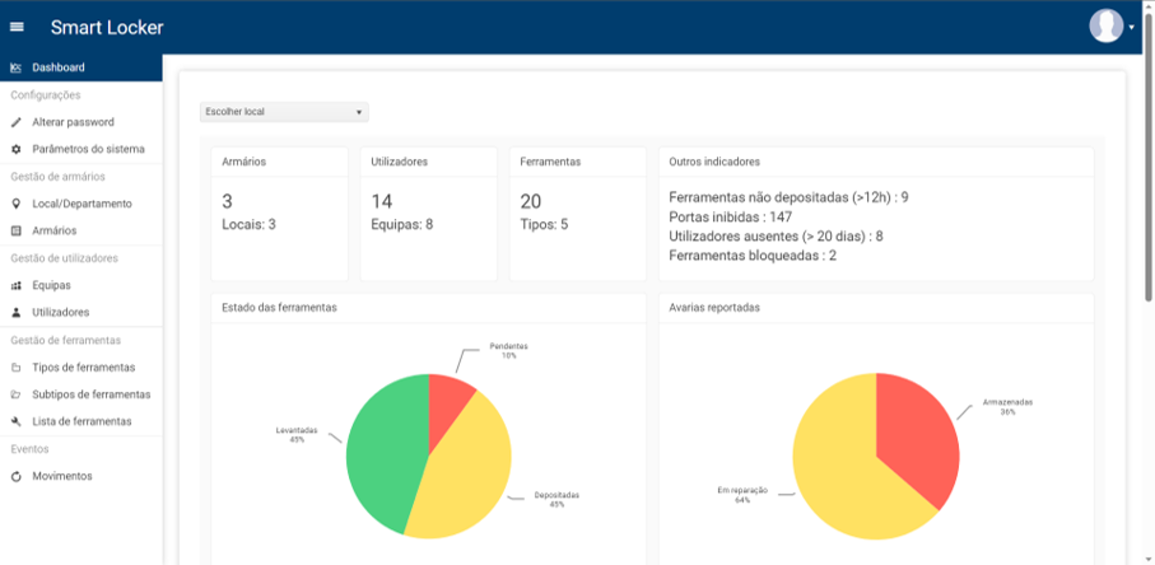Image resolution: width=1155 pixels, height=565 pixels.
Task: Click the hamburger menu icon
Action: [x=17, y=27]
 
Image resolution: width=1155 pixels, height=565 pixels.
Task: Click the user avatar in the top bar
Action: [x=1106, y=26]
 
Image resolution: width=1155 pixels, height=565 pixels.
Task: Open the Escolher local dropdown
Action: [x=284, y=112]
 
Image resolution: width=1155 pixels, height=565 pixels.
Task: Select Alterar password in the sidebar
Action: [x=73, y=122]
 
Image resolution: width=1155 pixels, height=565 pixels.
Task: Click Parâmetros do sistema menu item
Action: [x=88, y=149]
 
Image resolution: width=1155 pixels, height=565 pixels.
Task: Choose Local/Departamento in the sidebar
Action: [x=82, y=204]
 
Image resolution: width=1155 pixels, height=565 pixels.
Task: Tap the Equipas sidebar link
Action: [x=51, y=285]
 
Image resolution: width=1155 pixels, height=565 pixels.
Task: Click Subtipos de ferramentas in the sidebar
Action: [x=91, y=395]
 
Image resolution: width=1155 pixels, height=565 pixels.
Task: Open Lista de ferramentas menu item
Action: [x=82, y=422]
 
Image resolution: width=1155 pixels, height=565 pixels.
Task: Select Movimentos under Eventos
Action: [x=62, y=476]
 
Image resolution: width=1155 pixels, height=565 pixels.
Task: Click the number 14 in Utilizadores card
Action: [x=381, y=202]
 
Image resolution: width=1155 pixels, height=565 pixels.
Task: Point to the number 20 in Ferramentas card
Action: [x=530, y=202]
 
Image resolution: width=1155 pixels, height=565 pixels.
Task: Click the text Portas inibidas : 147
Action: [x=730, y=217]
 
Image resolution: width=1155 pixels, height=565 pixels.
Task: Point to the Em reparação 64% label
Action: [x=742, y=495]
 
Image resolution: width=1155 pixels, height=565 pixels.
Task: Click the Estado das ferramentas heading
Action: [x=279, y=308]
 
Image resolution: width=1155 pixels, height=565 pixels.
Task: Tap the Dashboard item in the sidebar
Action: [x=58, y=68]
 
